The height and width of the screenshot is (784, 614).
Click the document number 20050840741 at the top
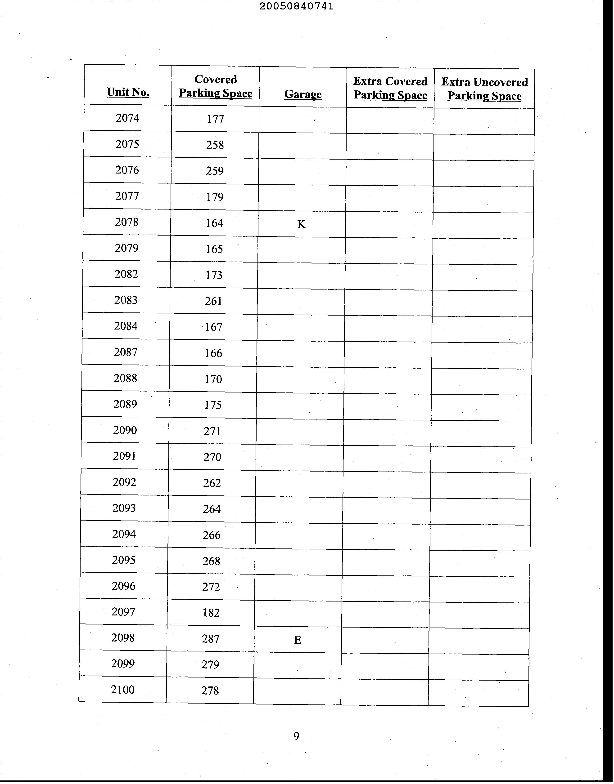click(x=296, y=6)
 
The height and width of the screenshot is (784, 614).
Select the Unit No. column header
click(x=128, y=92)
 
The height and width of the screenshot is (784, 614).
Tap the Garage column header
click(x=303, y=94)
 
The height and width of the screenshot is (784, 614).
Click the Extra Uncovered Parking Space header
click(x=484, y=89)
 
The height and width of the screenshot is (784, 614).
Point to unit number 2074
click(x=127, y=118)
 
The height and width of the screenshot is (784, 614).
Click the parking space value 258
click(x=215, y=145)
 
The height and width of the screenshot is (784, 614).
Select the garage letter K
click(x=301, y=224)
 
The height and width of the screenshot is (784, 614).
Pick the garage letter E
click(x=297, y=640)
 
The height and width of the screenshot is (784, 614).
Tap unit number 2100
click(x=122, y=690)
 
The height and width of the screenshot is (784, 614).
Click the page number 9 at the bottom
click(x=296, y=736)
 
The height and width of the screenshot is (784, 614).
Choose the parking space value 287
click(x=210, y=639)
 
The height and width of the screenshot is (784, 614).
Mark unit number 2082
click(x=126, y=274)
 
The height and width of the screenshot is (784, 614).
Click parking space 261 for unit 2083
click(x=213, y=301)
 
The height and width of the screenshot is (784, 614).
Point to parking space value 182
click(x=211, y=613)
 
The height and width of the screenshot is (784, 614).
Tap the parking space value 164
click(x=215, y=223)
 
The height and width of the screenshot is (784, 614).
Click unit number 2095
click(x=124, y=560)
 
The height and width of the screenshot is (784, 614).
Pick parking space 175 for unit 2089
click(x=213, y=405)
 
